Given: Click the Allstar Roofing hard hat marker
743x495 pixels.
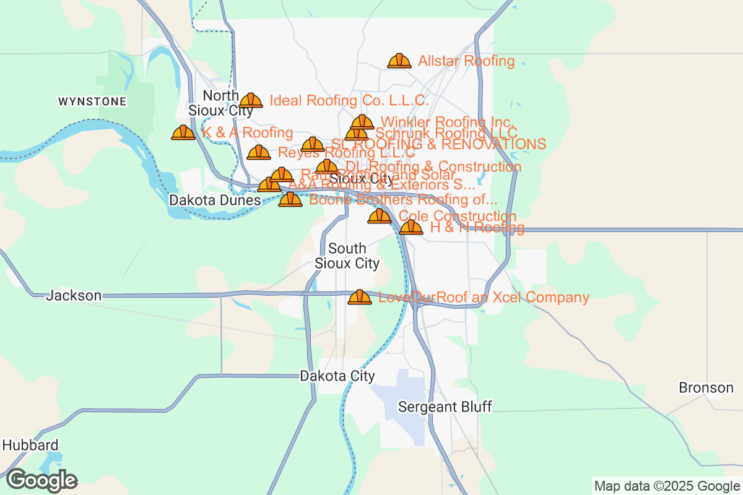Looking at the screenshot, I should point(399,61).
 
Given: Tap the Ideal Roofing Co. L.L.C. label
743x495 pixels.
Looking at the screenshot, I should point(349,100).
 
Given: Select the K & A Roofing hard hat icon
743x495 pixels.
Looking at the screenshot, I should point(183,132).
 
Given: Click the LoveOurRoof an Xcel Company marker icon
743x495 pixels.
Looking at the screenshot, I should point(360,298).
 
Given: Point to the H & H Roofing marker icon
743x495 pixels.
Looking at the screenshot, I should point(411,228).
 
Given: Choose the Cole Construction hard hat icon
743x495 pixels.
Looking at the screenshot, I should point(380,217).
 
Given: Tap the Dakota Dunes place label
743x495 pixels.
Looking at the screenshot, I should point(215,200).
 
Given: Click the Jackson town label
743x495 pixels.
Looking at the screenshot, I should point(74,296).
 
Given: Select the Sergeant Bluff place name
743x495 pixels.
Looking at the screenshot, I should point(445,407).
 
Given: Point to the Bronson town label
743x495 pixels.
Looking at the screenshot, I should point(706,388).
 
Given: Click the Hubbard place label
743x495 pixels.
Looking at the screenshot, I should point(30,445).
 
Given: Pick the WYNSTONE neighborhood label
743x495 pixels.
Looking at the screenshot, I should point(92,101).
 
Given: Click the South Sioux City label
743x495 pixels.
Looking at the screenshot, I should point(347,256).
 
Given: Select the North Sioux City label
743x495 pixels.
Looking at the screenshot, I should point(221,103).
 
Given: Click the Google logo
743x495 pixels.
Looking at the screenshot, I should point(42,480).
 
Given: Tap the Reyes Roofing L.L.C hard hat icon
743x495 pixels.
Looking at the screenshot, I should point(258,152).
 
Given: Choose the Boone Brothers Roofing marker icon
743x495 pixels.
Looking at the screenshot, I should point(290,200).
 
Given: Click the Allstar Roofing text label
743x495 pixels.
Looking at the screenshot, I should point(466,61).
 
